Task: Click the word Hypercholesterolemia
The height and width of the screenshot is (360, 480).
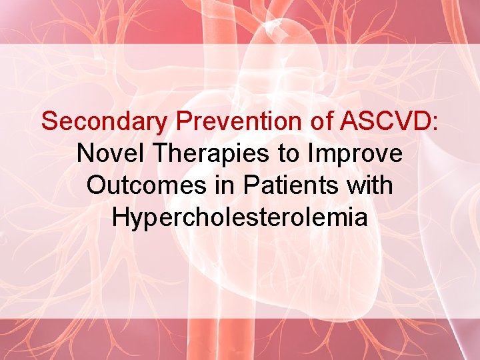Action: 240,217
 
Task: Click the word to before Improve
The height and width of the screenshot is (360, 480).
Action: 289,154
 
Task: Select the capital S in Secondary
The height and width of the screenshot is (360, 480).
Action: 49,122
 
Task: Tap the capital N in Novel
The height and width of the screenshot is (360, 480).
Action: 85,154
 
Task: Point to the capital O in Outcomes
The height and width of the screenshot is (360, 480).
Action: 96,185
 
